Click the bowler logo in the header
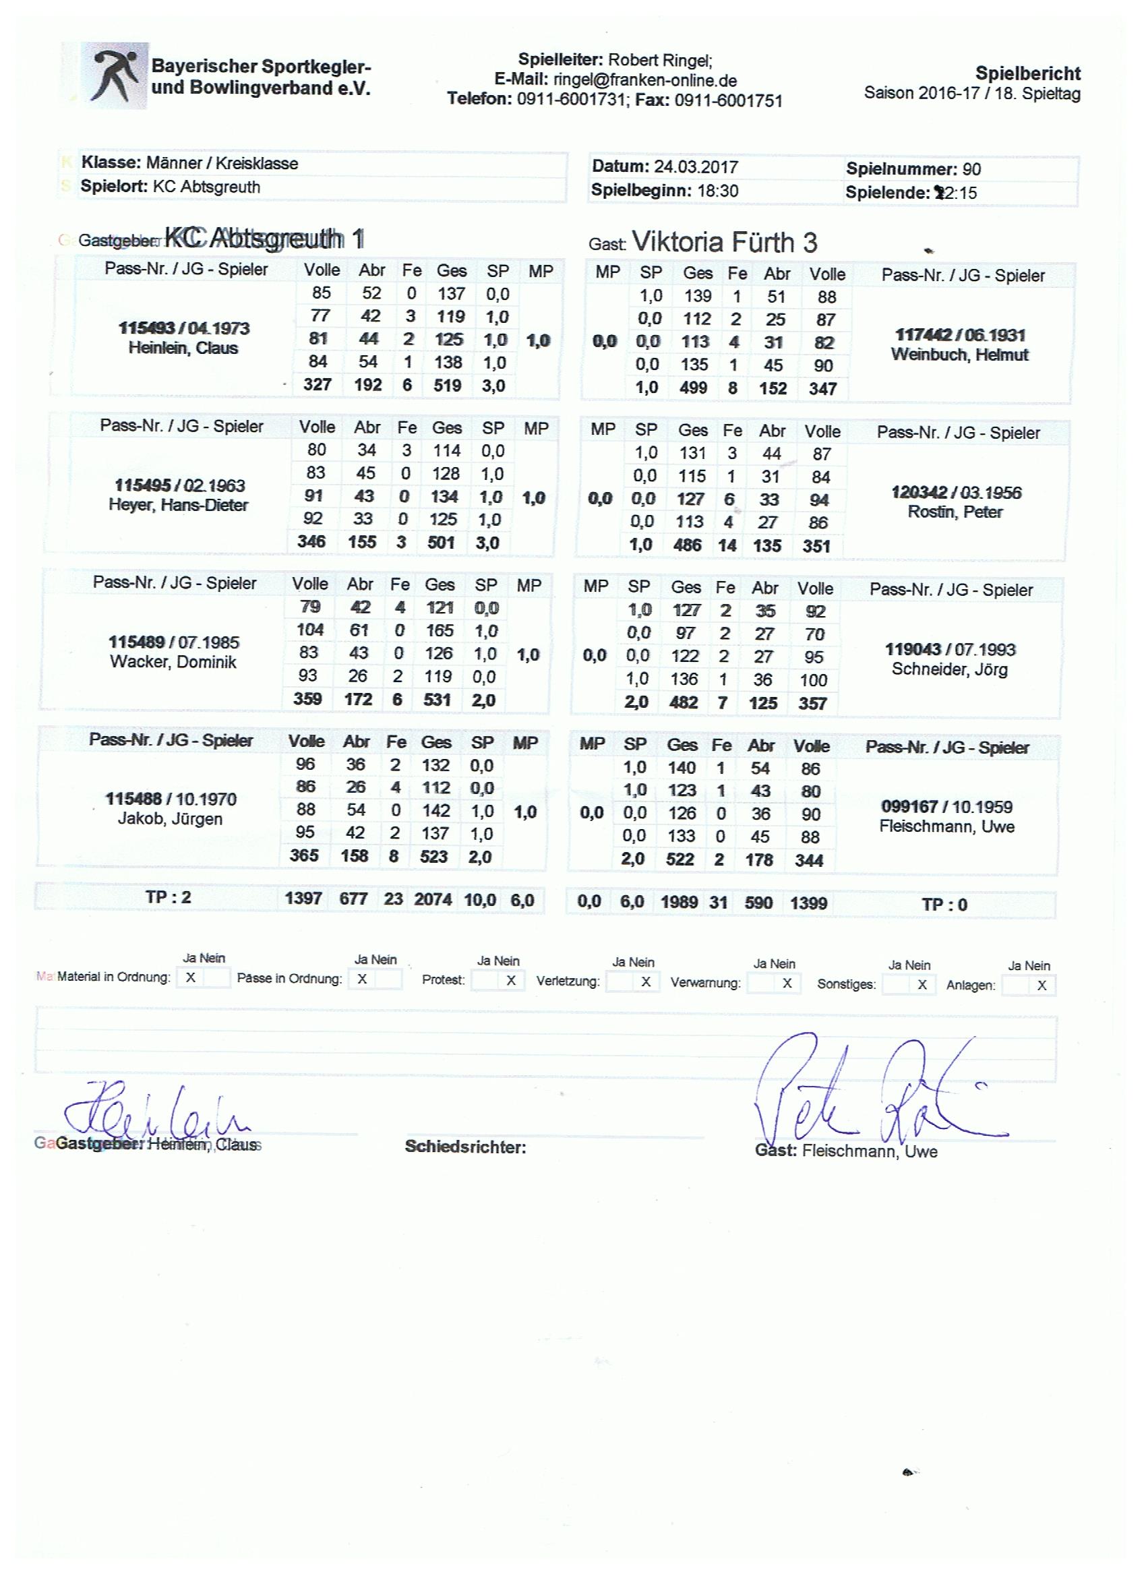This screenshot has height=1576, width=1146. pyautogui.click(x=115, y=75)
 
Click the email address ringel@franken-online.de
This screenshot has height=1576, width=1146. pyautogui.click(x=645, y=81)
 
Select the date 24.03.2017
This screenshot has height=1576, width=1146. pyautogui.click(x=696, y=167)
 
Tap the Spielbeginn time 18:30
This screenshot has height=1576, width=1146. pyautogui.click(x=717, y=191)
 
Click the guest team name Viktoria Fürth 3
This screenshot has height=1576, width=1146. pyautogui.click(x=725, y=243)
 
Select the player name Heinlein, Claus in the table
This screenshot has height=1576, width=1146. pyautogui.click(x=183, y=348)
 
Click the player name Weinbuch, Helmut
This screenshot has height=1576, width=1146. pyautogui.click(x=959, y=355)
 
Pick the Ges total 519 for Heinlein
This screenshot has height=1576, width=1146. pyautogui.click(x=447, y=385)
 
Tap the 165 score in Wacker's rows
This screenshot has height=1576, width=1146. pyautogui.click(x=440, y=631)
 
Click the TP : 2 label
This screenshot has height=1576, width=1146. pyautogui.click(x=168, y=898)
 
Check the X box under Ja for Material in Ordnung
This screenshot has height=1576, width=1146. pyautogui.click(x=190, y=977)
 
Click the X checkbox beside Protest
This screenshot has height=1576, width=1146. pyautogui.click(x=511, y=981)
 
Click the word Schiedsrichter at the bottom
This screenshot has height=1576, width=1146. pyautogui.click(x=464, y=1147)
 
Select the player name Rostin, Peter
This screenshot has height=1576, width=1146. pyautogui.click(x=955, y=512)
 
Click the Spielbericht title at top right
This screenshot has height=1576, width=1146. pyautogui.click(x=1027, y=73)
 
